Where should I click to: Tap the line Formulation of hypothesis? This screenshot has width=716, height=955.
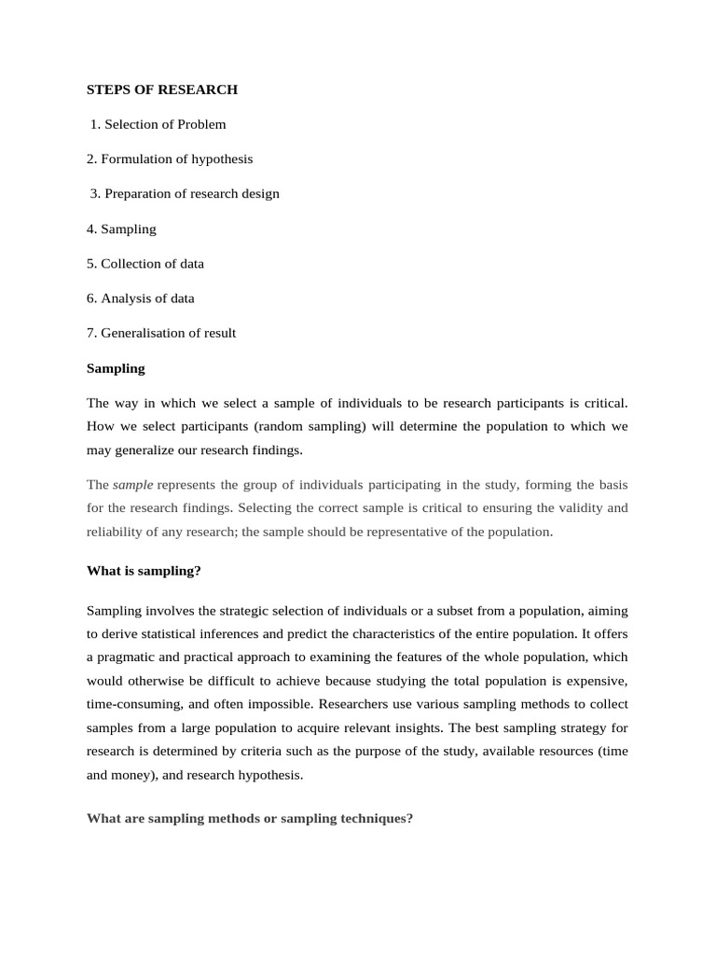click(x=170, y=159)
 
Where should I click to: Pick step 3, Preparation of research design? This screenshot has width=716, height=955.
click(x=185, y=194)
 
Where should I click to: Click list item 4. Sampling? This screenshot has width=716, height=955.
click(x=121, y=228)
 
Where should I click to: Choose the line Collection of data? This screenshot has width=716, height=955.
click(x=145, y=263)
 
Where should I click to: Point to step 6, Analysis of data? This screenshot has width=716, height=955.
click(x=141, y=298)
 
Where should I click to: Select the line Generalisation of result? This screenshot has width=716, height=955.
click(x=161, y=333)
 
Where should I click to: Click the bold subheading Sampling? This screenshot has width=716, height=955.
click(x=116, y=368)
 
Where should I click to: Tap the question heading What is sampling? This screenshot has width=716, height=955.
click(x=144, y=571)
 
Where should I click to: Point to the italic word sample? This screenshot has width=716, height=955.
click(x=133, y=485)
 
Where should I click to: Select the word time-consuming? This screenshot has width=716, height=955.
click(x=130, y=704)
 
